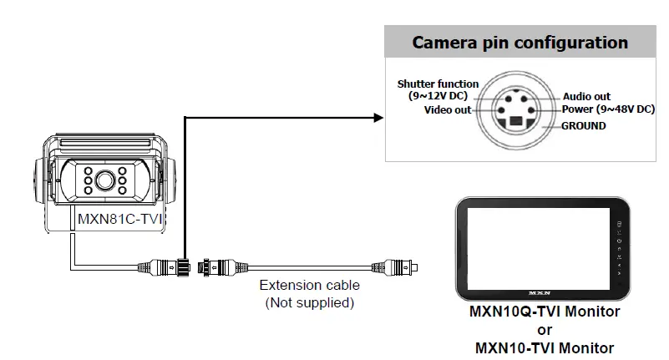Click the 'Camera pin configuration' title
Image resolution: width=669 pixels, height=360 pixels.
pyautogui.click(x=519, y=43)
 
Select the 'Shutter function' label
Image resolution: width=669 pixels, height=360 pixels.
pyautogui.click(x=438, y=84)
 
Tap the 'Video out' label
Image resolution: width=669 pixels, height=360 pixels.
pyautogui.click(x=448, y=109)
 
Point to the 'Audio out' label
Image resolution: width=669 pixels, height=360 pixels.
pyautogui.click(x=586, y=97)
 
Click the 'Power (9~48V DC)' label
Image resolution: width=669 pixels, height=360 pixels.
pyautogui.click(x=607, y=109)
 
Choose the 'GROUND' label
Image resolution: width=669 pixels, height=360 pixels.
pyautogui.click(x=584, y=126)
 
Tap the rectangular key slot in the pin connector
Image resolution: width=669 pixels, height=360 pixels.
pyautogui.click(x=516, y=122)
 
